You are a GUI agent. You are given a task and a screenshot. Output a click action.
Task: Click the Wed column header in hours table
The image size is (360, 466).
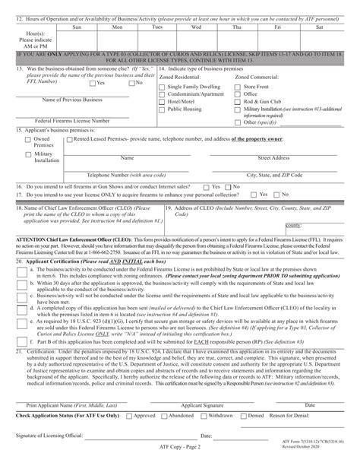[x=195, y=27]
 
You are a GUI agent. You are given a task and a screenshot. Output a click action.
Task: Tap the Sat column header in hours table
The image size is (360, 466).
[x=313, y=27]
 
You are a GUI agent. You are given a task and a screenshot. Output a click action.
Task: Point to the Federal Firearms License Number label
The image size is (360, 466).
[x=73, y=120]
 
